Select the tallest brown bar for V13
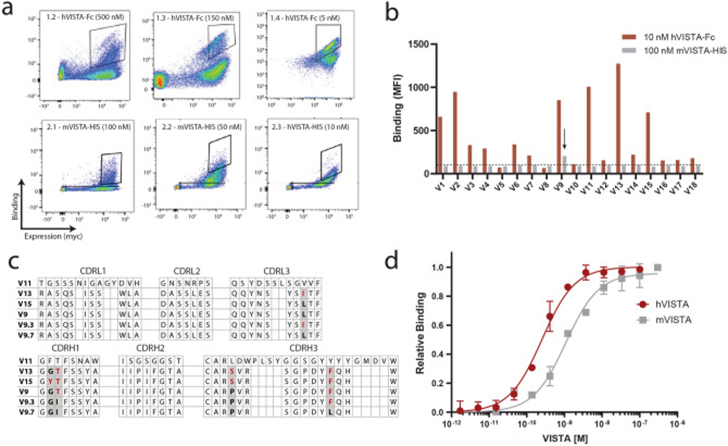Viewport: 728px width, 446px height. point(618,118)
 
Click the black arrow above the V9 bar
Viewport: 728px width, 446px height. point(564,139)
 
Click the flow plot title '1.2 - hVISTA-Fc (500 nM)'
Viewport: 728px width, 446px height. point(85,17)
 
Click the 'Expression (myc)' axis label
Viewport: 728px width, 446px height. point(53,236)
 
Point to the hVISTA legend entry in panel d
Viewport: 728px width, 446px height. point(671,304)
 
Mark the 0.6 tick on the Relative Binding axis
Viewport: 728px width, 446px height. point(440,325)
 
